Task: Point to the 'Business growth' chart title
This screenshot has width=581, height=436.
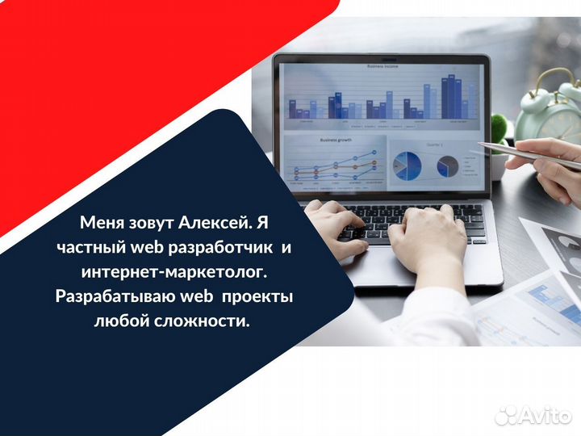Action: click(x=336, y=139)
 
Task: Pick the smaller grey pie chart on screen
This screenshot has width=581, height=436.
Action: click(x=448, y=167)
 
